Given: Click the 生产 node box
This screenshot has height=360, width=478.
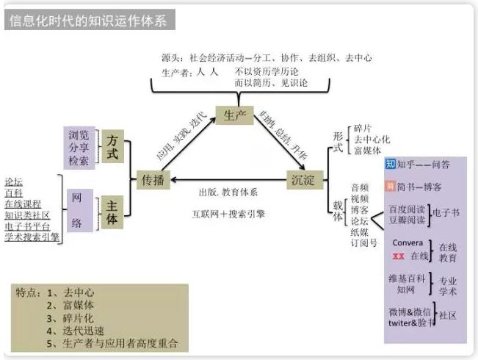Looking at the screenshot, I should [x=234, y=116].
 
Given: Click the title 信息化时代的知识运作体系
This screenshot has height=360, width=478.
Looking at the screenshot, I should [x=88, y=21].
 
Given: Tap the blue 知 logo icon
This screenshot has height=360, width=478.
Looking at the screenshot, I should [x=391, y=164].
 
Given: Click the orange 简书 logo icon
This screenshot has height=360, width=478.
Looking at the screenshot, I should [x=391, y=187].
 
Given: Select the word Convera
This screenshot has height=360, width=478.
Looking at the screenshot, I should [x=408, y=242].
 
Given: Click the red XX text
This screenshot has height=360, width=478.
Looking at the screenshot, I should [x=399, y=256].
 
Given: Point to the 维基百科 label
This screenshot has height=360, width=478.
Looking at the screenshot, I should [x=408, y=278].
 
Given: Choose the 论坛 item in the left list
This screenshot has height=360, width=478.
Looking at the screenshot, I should [x=13, y=181].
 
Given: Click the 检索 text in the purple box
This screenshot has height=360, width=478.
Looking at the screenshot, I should [x=79, y=160].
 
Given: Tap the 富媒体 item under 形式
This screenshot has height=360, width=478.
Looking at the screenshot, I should [x=366, y=150].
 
